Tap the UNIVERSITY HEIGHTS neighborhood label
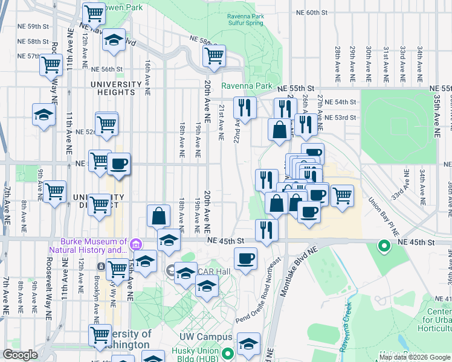112,88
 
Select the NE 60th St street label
312,12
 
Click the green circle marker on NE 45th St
383,246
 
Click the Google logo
21,355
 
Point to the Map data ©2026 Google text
415,357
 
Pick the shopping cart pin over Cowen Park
93,13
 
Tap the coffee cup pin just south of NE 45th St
245,259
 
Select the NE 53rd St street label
340,118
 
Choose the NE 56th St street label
108,69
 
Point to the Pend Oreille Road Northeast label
256,285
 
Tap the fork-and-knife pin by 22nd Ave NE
245,107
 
